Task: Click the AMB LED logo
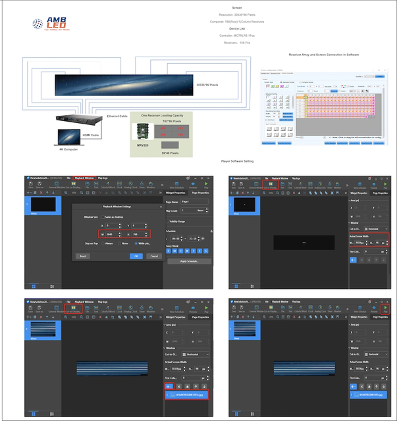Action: [52, 25]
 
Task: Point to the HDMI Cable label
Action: [90, 134]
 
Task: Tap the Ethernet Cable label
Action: [117, 115]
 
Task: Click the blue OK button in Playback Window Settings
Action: [136, 256]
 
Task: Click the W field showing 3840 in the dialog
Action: [113, 233]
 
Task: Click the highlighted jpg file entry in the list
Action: [188, 395]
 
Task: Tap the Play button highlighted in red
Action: [385, 309]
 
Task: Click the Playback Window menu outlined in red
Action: [84, 178]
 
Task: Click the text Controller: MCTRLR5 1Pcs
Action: [237, 34]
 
